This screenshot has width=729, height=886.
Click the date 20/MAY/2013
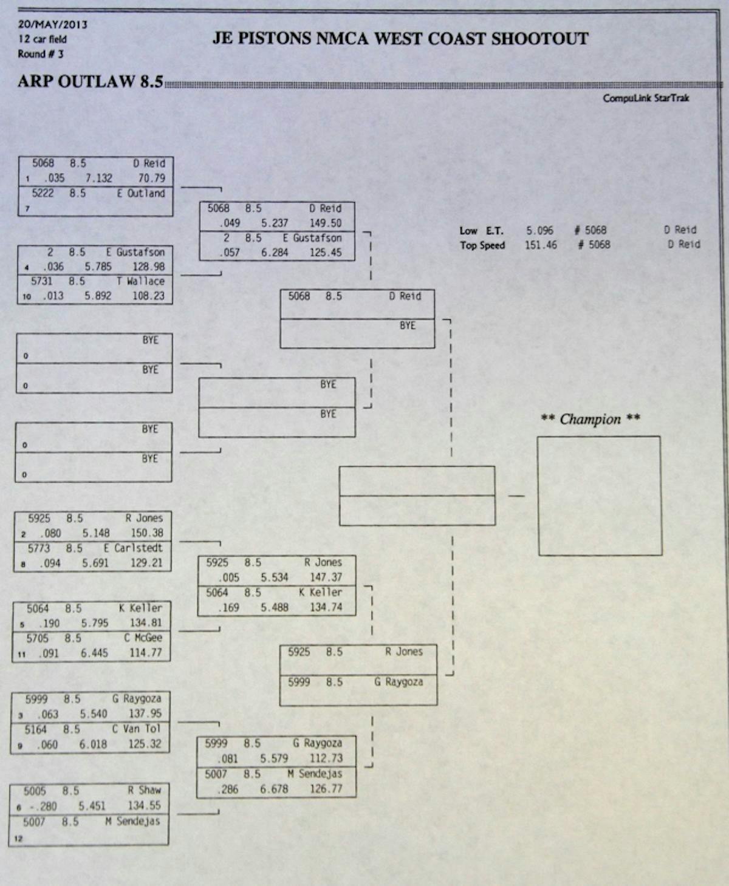[52, 25]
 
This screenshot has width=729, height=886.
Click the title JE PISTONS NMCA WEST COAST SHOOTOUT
[400, 39]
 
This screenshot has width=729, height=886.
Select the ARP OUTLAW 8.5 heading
[91, 81]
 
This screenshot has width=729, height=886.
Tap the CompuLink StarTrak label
[646, 98]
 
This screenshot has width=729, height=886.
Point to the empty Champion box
[600, 496]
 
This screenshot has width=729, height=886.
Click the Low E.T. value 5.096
[539, 231]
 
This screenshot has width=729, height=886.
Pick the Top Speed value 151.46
[541, 245]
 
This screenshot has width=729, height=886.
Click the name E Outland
[141, 194]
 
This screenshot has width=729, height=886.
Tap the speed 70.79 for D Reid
[151, 179]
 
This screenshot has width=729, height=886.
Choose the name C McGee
[143, 638]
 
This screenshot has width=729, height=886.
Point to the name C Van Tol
[136, 729]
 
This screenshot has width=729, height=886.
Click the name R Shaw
[144, 791]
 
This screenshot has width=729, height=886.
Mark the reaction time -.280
[42, 806]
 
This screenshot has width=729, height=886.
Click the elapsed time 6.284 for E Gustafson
[275, 253]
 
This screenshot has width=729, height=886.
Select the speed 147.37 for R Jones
[326, 578]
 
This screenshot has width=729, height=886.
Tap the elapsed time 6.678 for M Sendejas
[275, 789]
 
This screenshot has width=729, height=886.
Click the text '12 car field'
[43, 39]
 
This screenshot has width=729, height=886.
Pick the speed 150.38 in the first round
[147, 533]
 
